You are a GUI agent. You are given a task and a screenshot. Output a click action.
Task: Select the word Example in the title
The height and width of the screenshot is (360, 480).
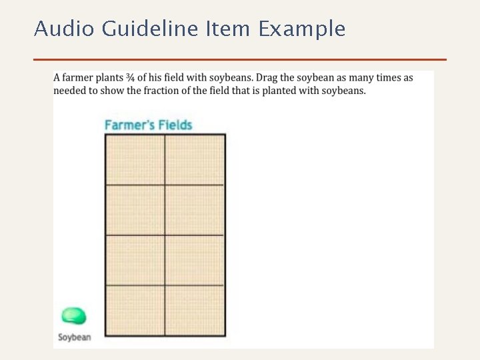302,29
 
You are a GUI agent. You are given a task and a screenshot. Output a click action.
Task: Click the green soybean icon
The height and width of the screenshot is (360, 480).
73,316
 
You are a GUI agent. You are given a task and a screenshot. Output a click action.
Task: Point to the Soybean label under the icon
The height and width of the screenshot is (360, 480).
74,337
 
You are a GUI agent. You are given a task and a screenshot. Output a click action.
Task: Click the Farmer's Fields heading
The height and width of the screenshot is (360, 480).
148,125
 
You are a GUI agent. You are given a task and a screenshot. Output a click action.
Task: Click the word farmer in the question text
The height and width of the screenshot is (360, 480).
81,77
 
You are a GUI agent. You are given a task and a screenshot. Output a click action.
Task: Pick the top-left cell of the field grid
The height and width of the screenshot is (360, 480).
135,159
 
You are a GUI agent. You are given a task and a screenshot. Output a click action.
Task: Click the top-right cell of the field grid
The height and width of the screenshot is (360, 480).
195,159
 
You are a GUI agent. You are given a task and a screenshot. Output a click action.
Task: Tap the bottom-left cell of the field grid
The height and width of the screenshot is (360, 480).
135,310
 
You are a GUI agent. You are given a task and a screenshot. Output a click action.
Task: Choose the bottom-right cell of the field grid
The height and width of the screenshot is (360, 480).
195,310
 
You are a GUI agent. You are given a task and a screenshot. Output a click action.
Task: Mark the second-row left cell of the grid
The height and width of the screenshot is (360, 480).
135,209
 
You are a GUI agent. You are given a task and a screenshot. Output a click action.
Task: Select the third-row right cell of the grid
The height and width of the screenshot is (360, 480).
195,260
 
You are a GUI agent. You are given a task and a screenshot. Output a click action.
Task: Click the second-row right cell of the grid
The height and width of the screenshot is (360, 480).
195,209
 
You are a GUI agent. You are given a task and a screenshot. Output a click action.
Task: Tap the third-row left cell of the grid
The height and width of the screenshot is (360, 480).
135,260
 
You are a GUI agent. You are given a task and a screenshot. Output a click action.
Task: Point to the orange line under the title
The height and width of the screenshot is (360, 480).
240,59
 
